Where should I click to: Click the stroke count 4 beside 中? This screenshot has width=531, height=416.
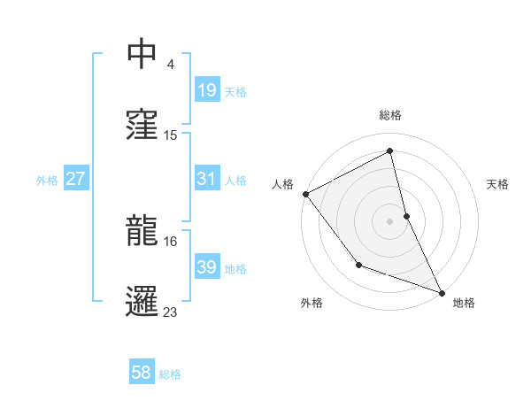coord(171,65)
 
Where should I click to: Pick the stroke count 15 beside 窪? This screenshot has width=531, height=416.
coord(171,135)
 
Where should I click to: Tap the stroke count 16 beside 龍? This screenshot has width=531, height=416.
coord(171,241)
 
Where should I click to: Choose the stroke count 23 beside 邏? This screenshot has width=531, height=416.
coord(171,312)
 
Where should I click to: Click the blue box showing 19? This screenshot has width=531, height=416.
coord(206,89)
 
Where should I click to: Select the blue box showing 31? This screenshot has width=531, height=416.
coord(206,179)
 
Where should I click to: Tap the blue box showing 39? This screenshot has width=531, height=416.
coord(206,267)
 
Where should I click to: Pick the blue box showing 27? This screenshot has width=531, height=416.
coord(76,179)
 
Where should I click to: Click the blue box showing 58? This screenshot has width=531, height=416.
coord(142,373)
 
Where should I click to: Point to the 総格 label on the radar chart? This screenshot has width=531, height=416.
coord(390,116)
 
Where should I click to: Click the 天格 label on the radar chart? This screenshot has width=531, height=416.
coord(497,184)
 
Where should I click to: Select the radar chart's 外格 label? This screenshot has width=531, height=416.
coord(312,304)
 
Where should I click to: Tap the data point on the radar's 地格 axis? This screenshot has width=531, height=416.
coord(442,292)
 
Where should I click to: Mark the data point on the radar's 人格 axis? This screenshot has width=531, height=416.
coord(305,194)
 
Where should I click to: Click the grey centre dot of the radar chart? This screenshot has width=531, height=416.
coord(389,221)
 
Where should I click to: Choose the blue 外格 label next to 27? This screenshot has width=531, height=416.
coord(47,180)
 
